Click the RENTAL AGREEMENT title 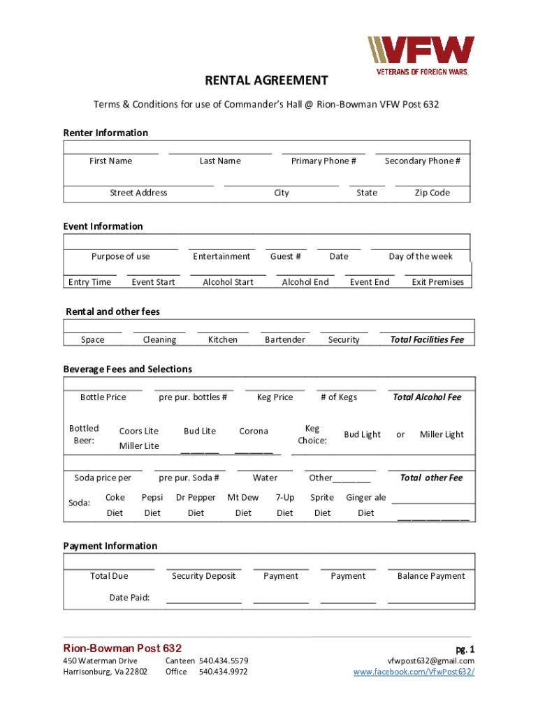click(266, 81)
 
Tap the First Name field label click(110, 161)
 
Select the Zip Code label click(432, 193)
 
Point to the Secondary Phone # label click(422, 161)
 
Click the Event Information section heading click(103, 226)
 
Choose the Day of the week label click(421, 256)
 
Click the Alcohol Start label click(228, 282)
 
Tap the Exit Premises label click(437, 282)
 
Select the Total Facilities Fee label click(427, 340)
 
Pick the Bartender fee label click(285, 340)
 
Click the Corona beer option click(253, 432)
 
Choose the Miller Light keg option click(442, 434)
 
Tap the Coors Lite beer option click(138, 432)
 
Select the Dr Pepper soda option click(196, 498)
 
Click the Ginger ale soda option click(365, 498)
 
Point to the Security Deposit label click(204, 576)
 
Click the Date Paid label click(129, 598)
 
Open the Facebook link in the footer click(414, 672)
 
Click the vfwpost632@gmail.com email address click(430, 661)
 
